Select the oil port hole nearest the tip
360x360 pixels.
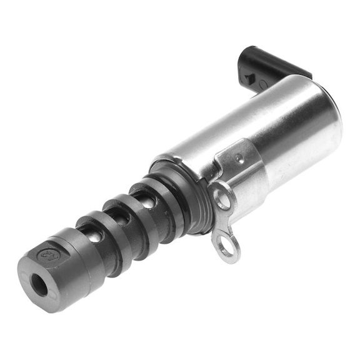coord(92,237)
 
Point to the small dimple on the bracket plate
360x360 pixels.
coord(239,157)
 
